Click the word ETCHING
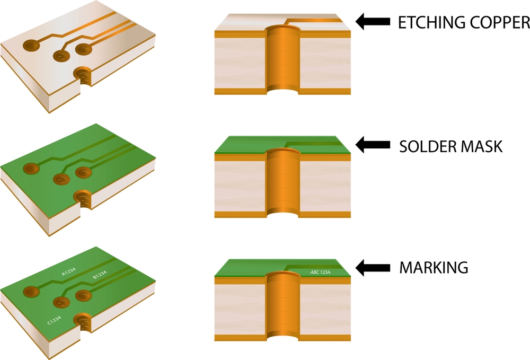(x=428, y=22)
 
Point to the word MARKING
(x=433, y=268)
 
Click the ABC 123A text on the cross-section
(x=320, y=273)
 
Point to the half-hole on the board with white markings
(x=83, y=320)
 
